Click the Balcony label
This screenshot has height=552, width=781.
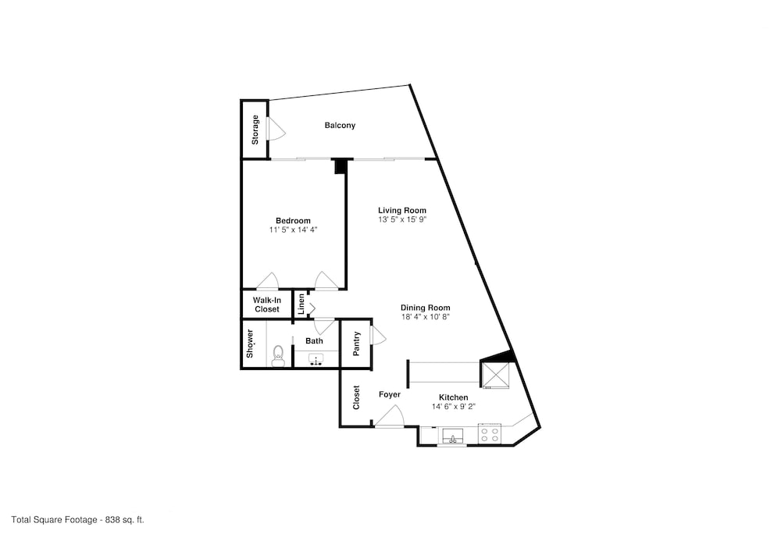click(340, 126)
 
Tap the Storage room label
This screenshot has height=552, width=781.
click(255, 130)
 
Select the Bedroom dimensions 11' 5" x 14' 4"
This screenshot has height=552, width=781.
click(294, 230)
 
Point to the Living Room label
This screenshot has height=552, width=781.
click(402, 211)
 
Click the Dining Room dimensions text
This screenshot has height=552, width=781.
click(426, 316)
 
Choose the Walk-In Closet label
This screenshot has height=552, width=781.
click(267, 304)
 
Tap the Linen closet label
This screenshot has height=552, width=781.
click(301, 304)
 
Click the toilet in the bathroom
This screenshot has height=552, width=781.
click(279, 356)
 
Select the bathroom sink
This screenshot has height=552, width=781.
click(316, 359)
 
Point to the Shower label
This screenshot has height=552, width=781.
click(250, 344)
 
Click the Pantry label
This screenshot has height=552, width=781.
click(356, 344)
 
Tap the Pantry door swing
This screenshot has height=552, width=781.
click(379, 335)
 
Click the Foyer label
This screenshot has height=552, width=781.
click(390, 395)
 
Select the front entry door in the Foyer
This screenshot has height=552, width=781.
click(390, 416)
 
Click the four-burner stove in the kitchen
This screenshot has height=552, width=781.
click(489, 433)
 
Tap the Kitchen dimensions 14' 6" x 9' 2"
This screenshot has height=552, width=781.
click(454, 407)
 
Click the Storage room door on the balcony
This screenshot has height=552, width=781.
click(276, 128)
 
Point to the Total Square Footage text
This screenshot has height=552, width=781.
click(77, 520)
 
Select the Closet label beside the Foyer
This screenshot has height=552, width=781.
click(356, 397)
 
